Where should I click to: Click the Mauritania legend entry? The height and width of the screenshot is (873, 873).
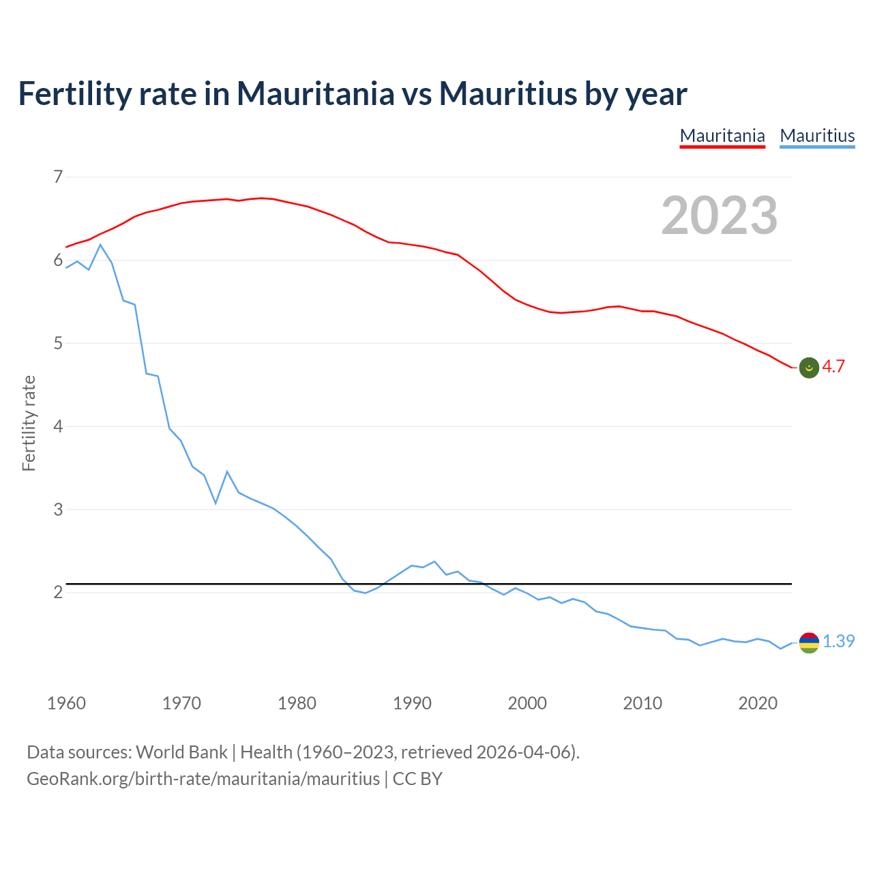tap(722, 136)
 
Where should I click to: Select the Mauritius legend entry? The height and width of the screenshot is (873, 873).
tap(817, 136)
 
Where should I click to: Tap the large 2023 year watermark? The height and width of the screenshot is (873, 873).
tap(719, 216)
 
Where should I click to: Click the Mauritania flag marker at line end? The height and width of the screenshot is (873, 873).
tap(808, 368)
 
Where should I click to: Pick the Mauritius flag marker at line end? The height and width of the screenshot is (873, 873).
tap(808, 642)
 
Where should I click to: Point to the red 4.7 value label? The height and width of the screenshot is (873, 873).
tap(833, 366)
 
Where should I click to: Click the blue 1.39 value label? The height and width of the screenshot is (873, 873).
tap(838, 641)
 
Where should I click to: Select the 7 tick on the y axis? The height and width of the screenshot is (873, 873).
tap(58, 177)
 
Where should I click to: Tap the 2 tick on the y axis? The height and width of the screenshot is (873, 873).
tap(58, 592)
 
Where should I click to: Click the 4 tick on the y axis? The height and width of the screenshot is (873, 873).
tap(58, 426)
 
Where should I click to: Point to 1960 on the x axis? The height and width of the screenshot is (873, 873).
tap(66, 703)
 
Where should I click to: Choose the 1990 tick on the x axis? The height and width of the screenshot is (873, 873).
tap(412, 703)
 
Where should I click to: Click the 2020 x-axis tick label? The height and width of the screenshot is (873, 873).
tap(758, 703)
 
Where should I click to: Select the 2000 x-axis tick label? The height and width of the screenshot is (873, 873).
tap(527, 703)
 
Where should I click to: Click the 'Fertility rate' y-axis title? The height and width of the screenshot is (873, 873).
tap(29, 423)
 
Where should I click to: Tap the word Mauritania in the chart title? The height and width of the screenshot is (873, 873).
tap(315, 93)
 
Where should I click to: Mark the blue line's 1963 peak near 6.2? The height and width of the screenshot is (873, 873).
tap(100, 245)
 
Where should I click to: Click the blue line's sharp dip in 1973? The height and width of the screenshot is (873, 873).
tap(216, 503)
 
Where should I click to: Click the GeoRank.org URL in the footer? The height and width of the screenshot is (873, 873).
tap(203, 778)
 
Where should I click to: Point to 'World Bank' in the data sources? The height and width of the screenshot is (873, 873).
tap(181, 752)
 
